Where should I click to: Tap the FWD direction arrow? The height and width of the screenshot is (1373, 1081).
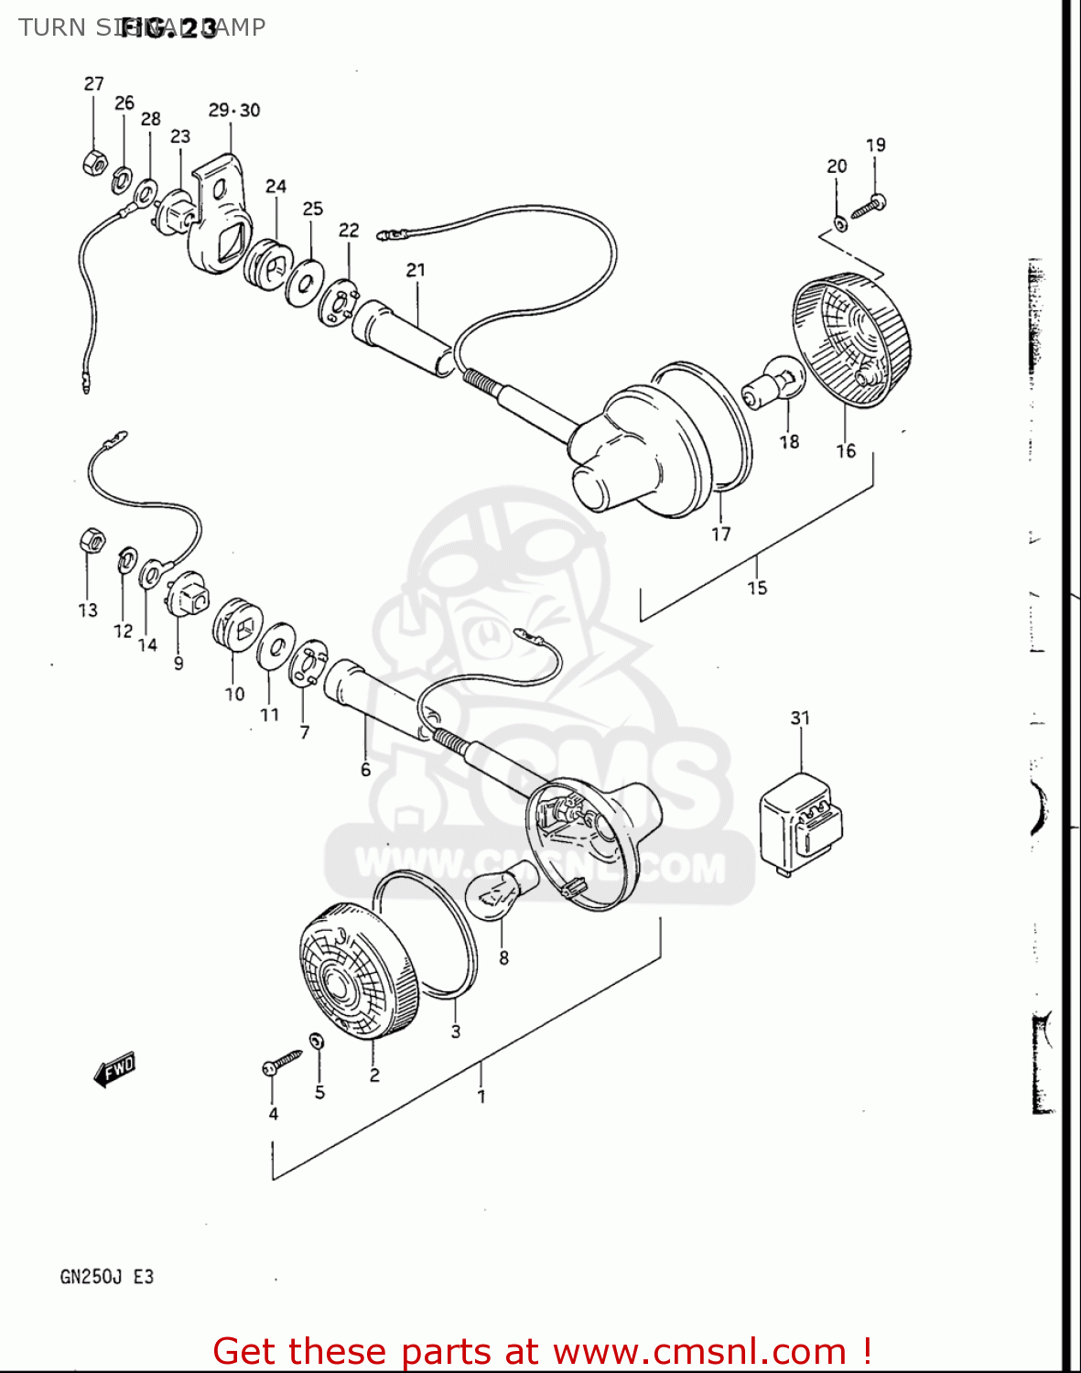[115, 1068]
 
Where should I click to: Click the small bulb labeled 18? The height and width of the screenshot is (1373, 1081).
[774, 384]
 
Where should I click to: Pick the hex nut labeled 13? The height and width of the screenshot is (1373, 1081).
[92, 541]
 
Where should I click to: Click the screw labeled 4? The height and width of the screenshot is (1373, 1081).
[282, 1063]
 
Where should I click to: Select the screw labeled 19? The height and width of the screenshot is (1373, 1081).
[868, 206]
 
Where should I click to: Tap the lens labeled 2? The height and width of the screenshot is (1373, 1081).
[359, 972]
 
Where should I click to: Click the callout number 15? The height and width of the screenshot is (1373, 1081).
[757, 588]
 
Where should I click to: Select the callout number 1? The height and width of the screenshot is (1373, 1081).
[481, 1096]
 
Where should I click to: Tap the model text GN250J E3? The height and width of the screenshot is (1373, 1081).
[107, 1276]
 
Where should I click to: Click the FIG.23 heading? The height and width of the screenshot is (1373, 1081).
[169, 28]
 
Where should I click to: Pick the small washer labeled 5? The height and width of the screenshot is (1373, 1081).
[317, 1041]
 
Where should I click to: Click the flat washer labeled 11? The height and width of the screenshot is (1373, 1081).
[276, 647]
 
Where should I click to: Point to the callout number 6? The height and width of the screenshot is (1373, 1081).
[365, 770]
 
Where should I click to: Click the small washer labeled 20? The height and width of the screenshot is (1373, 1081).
[839, 222]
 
